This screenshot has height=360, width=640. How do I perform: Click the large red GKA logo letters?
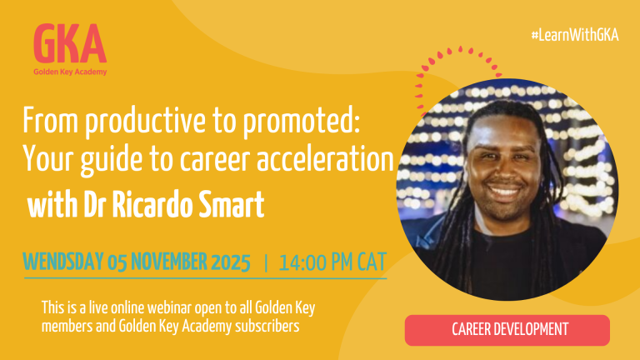(70, 42)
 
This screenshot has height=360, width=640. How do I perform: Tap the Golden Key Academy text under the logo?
(70, 72)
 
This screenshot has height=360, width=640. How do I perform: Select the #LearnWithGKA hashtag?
(575, 36)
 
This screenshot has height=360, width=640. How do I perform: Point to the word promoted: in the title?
(302, 122)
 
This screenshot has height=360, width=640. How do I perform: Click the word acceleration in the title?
(325, 159)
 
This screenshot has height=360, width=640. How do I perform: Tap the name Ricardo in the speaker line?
(150, 204)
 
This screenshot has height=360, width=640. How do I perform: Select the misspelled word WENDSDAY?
(62, 262)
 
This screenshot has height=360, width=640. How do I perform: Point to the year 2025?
(231, 262)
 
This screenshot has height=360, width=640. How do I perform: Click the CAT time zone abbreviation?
(372, 262)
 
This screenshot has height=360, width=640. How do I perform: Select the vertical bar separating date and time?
(266, 262)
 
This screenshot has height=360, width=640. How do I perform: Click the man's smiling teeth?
(505, 191)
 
